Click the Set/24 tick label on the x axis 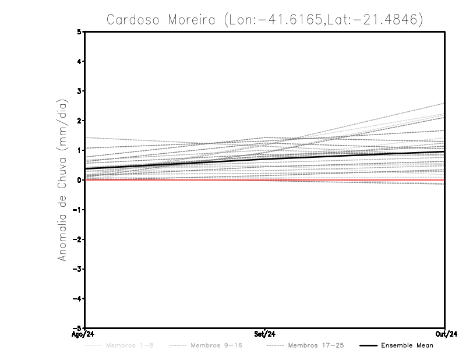point(265,334)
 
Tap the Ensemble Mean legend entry point(407,345)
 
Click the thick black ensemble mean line point(265,158)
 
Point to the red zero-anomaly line point(175,180)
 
